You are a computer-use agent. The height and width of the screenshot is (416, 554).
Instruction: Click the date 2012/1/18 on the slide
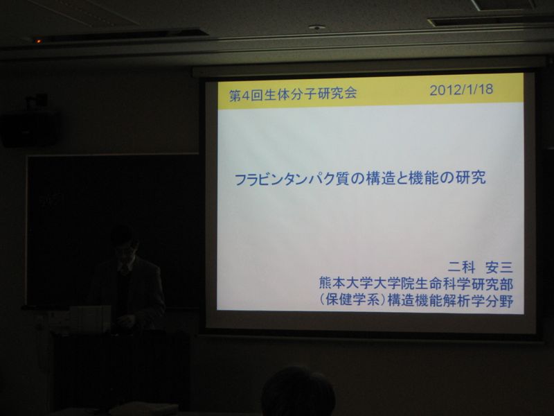[461, 90]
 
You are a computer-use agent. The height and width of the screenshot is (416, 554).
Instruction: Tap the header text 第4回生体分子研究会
[293, 94]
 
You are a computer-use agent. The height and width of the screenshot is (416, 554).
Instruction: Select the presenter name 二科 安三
[481, 268]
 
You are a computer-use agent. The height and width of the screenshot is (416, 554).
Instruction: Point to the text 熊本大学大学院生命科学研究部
[416, 284]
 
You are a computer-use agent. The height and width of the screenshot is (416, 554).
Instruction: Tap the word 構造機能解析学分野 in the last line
[450, 301]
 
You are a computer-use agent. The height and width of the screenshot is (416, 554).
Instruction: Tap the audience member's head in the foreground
[298, 392]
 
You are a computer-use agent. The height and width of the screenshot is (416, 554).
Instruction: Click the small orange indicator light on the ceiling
[38, 42]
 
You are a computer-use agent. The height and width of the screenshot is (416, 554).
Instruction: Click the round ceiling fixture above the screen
[316, 28]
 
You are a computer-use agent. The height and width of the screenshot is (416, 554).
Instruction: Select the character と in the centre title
[402, 179]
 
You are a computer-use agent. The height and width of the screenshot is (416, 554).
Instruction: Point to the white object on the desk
[89, 319]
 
